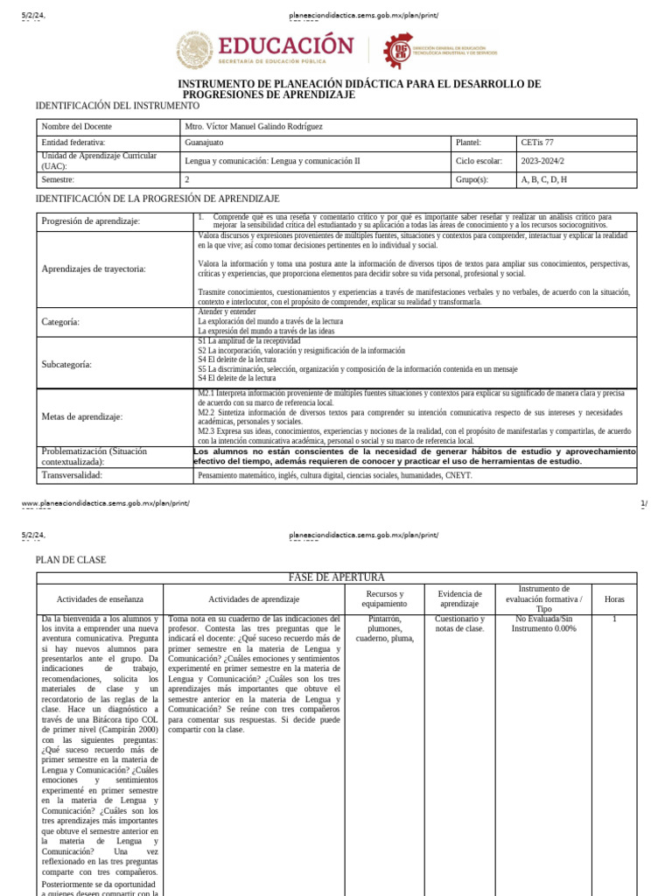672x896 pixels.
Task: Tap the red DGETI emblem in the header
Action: [401, 49]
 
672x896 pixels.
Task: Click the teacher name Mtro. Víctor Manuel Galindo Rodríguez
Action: [254, 127]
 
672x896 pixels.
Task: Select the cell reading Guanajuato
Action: [205, 143]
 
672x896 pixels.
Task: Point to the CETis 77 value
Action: [537, 143]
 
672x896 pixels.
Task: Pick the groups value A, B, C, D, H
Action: [544, 179]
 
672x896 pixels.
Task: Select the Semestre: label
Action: [60, 179]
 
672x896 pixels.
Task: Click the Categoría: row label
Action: [60, 322]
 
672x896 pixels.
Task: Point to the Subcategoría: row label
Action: [66, 364]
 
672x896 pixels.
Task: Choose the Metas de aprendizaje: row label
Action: [82, 416]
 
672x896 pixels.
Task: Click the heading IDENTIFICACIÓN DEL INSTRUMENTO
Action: [117, 106]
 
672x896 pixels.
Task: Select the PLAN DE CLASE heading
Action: [70, 560]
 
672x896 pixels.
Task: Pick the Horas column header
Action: [614, 599]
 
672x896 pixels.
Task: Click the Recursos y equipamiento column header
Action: [384, 599]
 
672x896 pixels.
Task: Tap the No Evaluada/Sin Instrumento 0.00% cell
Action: [543, 624]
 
